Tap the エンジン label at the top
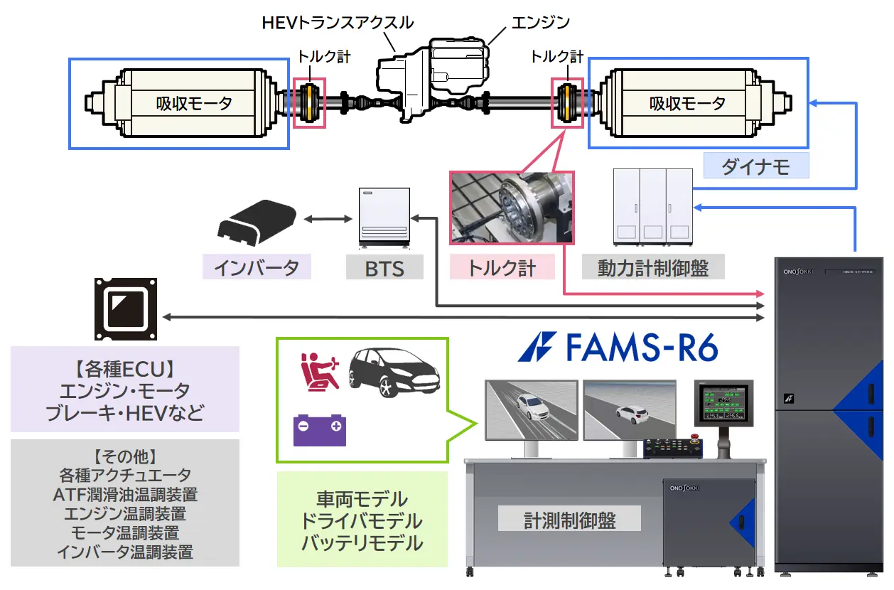pyautogui.click(x=540, y=22)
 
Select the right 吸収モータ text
pyautogui.click(x=687, y=104)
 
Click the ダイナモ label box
pyautogui.click(x=756, y=166)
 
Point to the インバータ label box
pyautogui.click(x=257, y=267)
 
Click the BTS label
pyautogui.click(x=384, y=268)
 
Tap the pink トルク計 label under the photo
pyautogui.click(x=501, y=268)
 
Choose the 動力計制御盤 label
pyautogui.click(x=653, y=268)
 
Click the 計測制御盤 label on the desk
pyautogui.click(x=570, y=520)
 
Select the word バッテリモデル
pyautogui.click(x=362, y=544)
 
